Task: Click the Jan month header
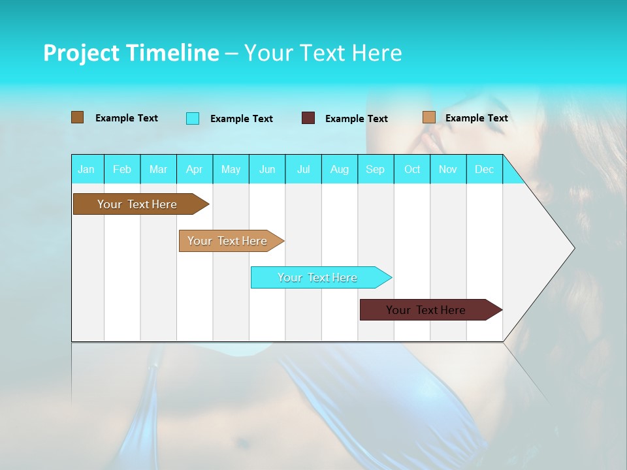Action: click(x=86, y=169)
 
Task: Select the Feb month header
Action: click(x=122, y=169)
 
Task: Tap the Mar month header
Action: click(x=158, y=169)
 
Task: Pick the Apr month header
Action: click(x=195, y=169)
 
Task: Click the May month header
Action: click(x=231, y=169)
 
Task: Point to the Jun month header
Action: click(x=267, y=169)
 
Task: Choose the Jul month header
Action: click(x=303, y=169)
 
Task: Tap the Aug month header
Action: click(x=340, y=169)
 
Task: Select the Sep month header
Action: click(x=376, y=169)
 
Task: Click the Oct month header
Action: click(x=412, y=169)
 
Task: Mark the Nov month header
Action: click(x=448, y=169)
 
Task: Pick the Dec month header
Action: click(x=485, y=169)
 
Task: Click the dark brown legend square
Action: click(x=78, y=117)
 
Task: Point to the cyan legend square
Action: click(x=193, y=118)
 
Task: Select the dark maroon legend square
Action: click(x=308, y=118)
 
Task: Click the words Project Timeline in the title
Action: click(x=131, y=53)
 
